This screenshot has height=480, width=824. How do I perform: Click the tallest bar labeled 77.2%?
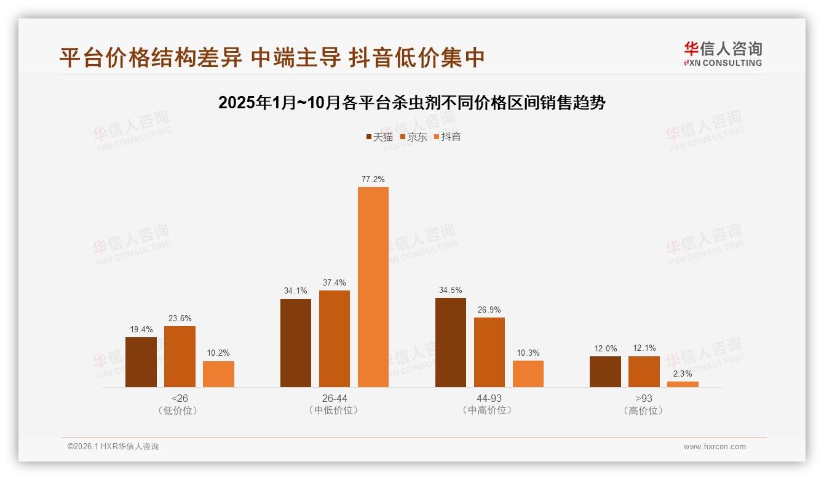[x=373, y=287]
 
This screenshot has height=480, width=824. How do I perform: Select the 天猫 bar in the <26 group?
[x=141, y=362]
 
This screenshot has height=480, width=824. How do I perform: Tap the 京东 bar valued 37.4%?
[x=335, y=338]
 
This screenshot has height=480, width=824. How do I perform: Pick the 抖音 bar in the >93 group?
[x=683, y=384]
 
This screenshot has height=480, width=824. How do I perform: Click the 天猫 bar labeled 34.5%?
[x=451, y=342]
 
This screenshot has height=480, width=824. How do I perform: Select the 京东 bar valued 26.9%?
[x=489, y=352]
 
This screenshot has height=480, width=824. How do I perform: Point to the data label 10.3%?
[x=528, y=353]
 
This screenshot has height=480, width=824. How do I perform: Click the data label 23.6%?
[x=180, y=318]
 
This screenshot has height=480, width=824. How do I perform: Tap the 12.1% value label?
[x=644, y=348]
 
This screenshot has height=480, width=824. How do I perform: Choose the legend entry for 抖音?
[x=447, y=137]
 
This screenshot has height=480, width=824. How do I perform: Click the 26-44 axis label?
[x=335, y=398]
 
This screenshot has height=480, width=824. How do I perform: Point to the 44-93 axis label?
[x=489, y=398]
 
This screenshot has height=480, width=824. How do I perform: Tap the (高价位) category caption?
[x=644, y=410]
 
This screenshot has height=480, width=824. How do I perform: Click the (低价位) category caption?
[x=179, y=410]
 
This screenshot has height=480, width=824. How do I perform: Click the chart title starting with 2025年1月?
[x=412, y=103]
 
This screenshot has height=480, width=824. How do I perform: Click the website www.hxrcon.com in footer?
[x=715, y=447]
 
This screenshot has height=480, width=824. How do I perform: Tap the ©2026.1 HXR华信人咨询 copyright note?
[x=113, y=447]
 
